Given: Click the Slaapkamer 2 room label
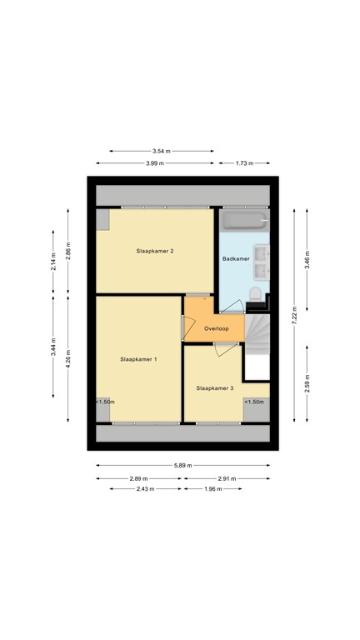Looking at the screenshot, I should [x=155, y=251].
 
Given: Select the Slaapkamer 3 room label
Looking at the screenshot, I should [x=214, y=388].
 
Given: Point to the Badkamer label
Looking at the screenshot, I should [x=236, y=259].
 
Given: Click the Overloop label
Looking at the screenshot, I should [x=216, y=328].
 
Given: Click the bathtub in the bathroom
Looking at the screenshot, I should [x=243, y=222].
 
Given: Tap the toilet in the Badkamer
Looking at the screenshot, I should [x=255, y=292].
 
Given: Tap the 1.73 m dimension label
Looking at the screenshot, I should [x=244, y=163].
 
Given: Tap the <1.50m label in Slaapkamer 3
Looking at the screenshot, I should [x=254, y=402].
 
